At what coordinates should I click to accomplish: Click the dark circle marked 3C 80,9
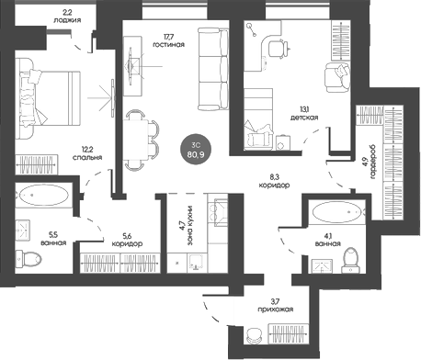tap(195, 149)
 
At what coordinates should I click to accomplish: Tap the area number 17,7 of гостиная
tap(168, 37)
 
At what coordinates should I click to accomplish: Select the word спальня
tap(87, 157)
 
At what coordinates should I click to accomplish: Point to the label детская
tap(304, 118)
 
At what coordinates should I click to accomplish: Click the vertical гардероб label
tap(373, 162)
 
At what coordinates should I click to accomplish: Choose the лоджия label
tap(67, 20)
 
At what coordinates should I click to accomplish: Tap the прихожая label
tap(275, 309)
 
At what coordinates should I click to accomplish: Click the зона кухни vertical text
tap(190, 225)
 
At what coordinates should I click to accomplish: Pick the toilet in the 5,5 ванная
tap(28, 258)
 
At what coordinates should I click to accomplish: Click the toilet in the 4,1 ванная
tap(351, 260)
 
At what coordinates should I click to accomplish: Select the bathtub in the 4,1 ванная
tap(337, 212)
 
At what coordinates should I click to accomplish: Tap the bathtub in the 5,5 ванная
tap(44, 195)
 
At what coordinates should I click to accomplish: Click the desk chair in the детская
tap(279, 49)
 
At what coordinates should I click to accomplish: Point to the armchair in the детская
tap(337, 76)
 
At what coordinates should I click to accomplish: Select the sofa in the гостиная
tap(213, 69)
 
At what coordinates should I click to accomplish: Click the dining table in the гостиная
tap(136, 140)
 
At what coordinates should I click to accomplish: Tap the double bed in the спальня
tap(48, 98)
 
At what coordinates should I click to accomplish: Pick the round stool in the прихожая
tap(254, 335)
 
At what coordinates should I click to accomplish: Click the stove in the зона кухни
tap(218, 212)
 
